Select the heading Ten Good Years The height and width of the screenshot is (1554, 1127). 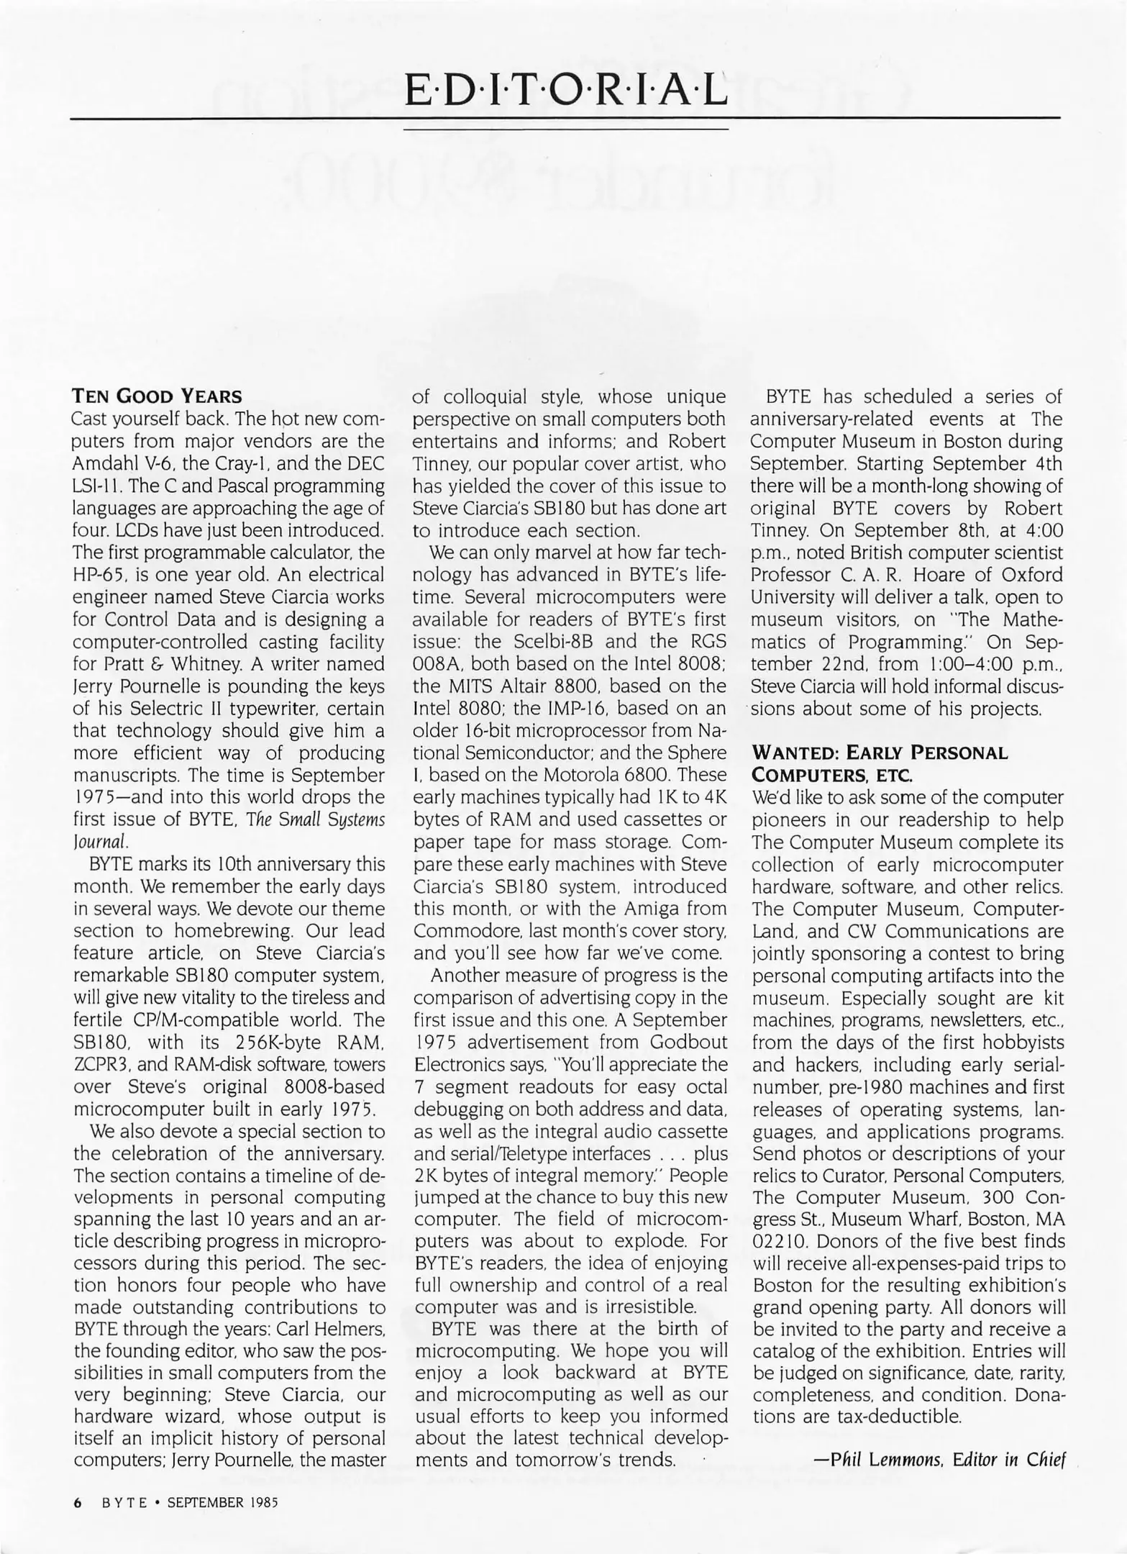tap(157, 396)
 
